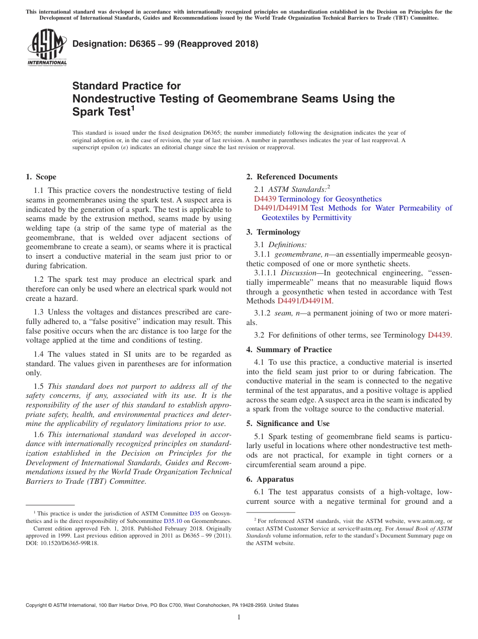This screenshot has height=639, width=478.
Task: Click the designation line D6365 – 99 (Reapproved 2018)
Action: click(166, 44)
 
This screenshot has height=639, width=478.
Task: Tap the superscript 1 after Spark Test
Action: click(133, 108)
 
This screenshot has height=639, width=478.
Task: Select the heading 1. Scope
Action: click(41, 177)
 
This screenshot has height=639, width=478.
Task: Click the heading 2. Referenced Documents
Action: click(292, 177)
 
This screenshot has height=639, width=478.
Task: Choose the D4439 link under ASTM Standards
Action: click(265, 199)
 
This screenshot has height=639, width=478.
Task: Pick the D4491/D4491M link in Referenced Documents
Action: click(281, 208)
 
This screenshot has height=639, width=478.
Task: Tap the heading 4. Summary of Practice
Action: click(289, 350)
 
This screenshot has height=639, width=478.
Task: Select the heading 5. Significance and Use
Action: click(288, 423)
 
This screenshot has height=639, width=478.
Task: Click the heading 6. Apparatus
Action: click(270, 479)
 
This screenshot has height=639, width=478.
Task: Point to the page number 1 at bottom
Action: click(239, 617)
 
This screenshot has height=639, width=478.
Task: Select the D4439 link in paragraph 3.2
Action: click(439, 335)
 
